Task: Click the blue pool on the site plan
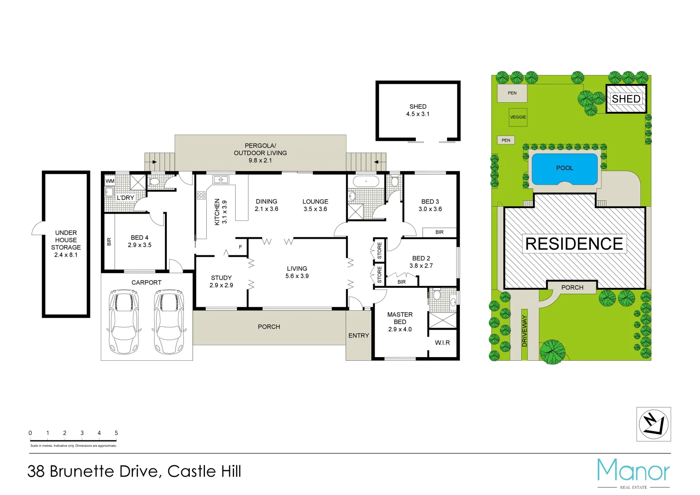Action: point(564,169)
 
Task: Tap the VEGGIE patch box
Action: point(518,117)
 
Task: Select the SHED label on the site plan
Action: point(626,99)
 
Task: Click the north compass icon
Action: point(653,424)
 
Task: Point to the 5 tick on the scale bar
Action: point(116,433)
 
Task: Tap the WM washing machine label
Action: point(110,181)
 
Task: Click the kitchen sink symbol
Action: point(220,180)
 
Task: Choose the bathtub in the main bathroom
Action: point(366,181)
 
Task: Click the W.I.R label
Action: point(442,343)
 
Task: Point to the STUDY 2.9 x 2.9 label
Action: point(221,281)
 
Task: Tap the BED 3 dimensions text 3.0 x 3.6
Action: point(430,209)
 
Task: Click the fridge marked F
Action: point(240,247)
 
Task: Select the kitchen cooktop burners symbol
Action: point(201,196)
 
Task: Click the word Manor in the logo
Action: point(633,471)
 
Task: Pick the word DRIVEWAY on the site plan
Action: point(524,330)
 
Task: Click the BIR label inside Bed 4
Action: point(109,242)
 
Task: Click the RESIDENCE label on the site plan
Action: point(574,244)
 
